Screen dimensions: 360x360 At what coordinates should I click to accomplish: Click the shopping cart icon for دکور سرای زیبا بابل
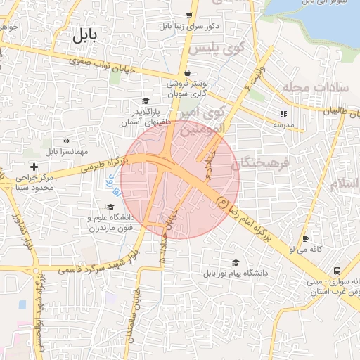pyautogui.click(x=188, y=15)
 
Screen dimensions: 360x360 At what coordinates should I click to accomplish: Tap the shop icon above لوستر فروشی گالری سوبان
pyautogui.click(x=187, y=72)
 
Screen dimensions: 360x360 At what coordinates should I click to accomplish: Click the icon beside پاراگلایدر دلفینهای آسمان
pyautogui.click(x=146, y=101)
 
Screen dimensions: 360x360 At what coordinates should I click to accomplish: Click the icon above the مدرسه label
pyautogui.click(x=283, y=113)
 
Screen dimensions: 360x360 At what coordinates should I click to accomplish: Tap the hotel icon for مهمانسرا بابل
pyautogui.click(x=66, y=141)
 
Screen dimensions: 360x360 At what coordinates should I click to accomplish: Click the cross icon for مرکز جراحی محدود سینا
pyautogui.click(x=34, y=167)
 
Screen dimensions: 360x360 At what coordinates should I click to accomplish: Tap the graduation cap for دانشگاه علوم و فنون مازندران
pyautogui.click(x=110, y=207)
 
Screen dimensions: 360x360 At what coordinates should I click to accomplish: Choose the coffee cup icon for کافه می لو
pyautogui.click(x=305, y=238)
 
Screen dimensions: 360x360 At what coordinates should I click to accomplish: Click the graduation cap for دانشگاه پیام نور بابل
pyautogui.click(x=235, y=262)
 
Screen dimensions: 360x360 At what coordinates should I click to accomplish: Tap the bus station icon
pyautogui.click(x=337, y=271)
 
